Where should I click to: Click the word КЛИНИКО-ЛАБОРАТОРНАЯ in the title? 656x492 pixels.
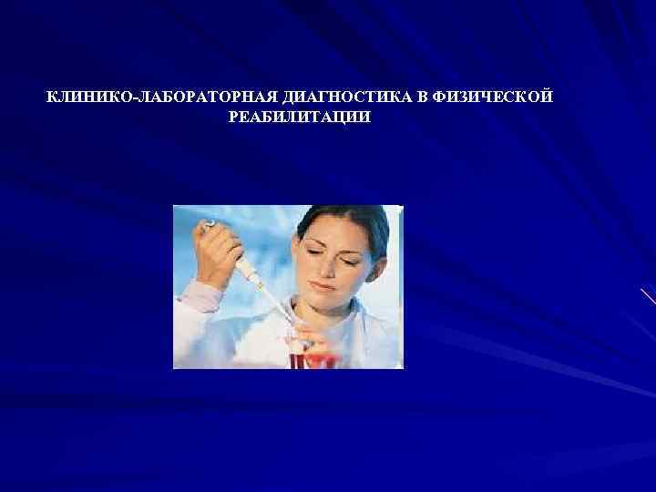pos(149,97)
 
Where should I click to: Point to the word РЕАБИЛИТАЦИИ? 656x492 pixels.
pos(302,118)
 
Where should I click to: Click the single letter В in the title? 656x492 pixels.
pos(425,97)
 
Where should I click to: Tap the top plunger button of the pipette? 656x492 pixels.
pos(210,223)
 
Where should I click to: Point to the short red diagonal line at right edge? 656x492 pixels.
pos(648,297)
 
